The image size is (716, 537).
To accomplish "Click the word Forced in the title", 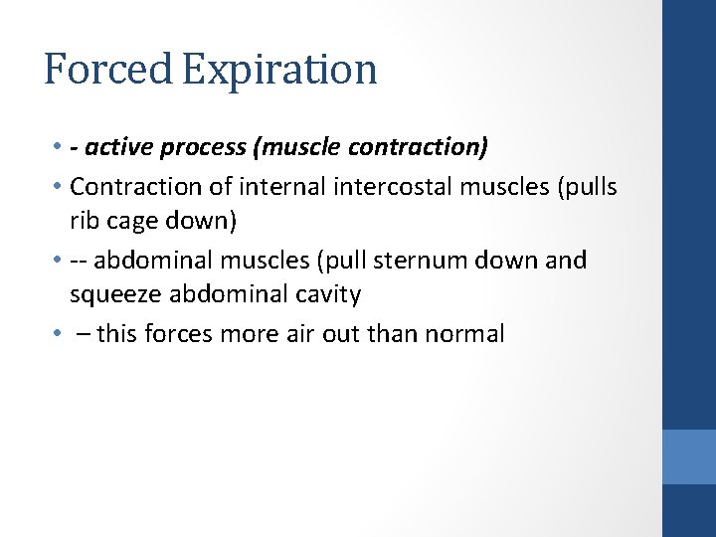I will tap(106, 70).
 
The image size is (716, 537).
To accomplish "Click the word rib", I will tap(83, 221).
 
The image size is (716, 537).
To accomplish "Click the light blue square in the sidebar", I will tap(689, 456).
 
